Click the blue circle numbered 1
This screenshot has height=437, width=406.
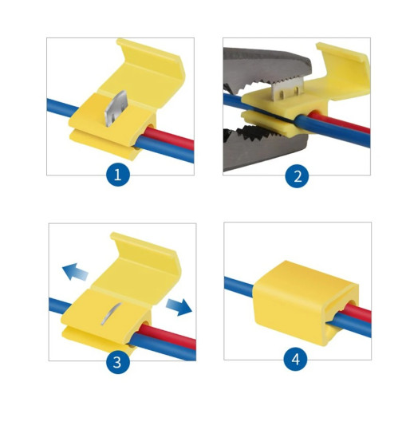coord(118,175)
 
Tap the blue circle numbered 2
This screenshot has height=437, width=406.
coord(298,176)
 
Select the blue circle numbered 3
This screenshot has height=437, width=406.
coord(118,362)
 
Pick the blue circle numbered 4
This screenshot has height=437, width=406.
coord(296,359)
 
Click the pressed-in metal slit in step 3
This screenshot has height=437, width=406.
coord(111,313)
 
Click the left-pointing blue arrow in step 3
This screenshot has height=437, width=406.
coord(75,272)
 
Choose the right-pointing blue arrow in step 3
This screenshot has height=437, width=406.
coord(179,306)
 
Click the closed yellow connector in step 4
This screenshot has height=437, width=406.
coord(305,302)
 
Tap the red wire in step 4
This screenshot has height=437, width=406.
coord(358,312)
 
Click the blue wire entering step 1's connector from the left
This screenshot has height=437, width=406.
coord(63,108)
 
